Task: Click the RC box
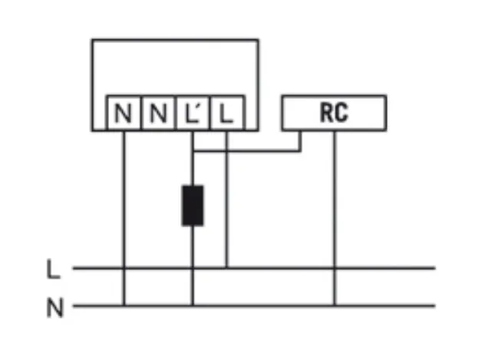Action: [334, 113]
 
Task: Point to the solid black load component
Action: [193, 205]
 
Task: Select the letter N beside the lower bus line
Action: [54, 309]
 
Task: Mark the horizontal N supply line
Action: [384, 306]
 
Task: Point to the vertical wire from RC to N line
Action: [334, 215]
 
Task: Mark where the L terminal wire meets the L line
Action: [226, 268]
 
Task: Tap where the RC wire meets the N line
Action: [334, 306]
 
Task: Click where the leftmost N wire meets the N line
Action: [124, 306]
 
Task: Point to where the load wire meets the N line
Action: [193, 306]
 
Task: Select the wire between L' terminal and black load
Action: [193, 165]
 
